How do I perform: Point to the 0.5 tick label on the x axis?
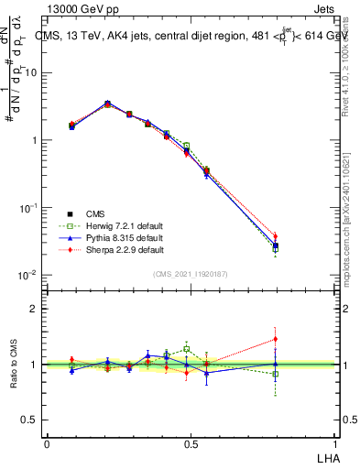[191, 443]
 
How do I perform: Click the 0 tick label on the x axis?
[47, 443]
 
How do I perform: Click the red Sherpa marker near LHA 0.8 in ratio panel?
[275, 339]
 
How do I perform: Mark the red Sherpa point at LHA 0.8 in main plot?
[275, 236]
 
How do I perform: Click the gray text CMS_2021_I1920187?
[191, 274]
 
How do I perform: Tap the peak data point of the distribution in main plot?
[108, 104]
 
